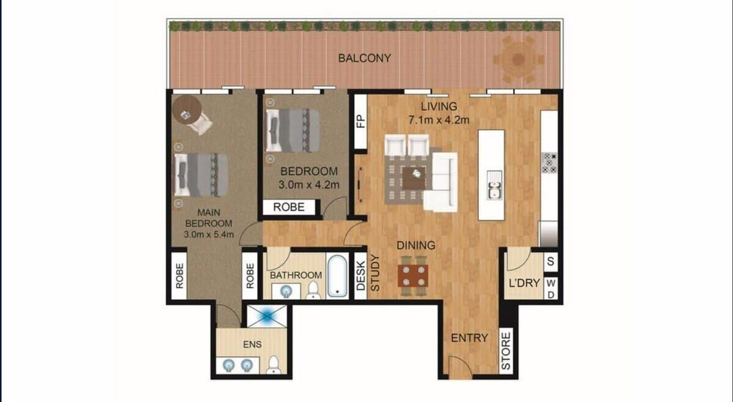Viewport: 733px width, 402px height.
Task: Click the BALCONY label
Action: [x=365, y=58]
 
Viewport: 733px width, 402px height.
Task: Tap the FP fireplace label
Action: [x=361, y=121]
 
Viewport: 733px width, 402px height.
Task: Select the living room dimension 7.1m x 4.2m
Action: [x=439, y=120]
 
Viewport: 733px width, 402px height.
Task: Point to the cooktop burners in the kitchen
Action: [x=549, y=163]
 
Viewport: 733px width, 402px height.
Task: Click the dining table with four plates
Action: [x=413, y=276]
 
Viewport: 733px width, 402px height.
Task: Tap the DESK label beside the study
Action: [x=360, y=276]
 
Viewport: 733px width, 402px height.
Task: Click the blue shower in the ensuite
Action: [x=267, y=316]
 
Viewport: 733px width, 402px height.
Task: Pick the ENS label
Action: [x=252, y=344]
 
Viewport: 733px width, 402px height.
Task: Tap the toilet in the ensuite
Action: [x=274, y=365]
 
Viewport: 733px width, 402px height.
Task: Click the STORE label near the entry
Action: [x=506, y=351]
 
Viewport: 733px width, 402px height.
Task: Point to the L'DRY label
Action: [x=524, y=283]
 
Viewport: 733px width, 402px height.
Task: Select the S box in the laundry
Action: [x=551, y=262]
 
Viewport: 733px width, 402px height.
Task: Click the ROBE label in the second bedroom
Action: [x=288, y=207]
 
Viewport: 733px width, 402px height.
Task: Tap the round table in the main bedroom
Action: [x=186, y=110]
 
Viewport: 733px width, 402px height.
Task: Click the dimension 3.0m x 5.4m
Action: [x=209, y=234]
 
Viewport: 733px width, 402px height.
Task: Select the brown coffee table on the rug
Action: [x=414, y=178]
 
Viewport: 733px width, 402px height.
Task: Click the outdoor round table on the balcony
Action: [x=519, y=59]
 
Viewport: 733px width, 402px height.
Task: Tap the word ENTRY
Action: [x=470, y=338]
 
